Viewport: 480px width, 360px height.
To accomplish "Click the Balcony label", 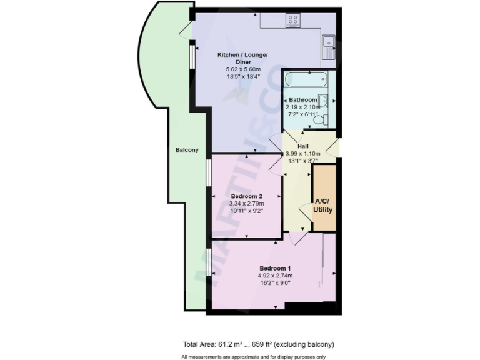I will click(187, 150).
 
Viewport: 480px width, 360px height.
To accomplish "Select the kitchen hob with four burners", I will click(292, 21).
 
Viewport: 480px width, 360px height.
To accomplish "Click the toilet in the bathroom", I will click(319, 119).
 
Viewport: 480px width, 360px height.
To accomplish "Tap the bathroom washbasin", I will click(323, 101).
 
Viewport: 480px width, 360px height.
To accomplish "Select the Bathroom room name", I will click(302, 100).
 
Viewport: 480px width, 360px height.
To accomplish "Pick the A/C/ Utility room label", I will click(323, 206).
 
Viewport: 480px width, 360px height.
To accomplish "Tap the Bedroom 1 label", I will click(275, 268).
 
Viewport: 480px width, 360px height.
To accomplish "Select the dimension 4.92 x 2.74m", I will click(275, 276).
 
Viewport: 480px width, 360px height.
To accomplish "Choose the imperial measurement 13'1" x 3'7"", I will click(302, 161).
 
